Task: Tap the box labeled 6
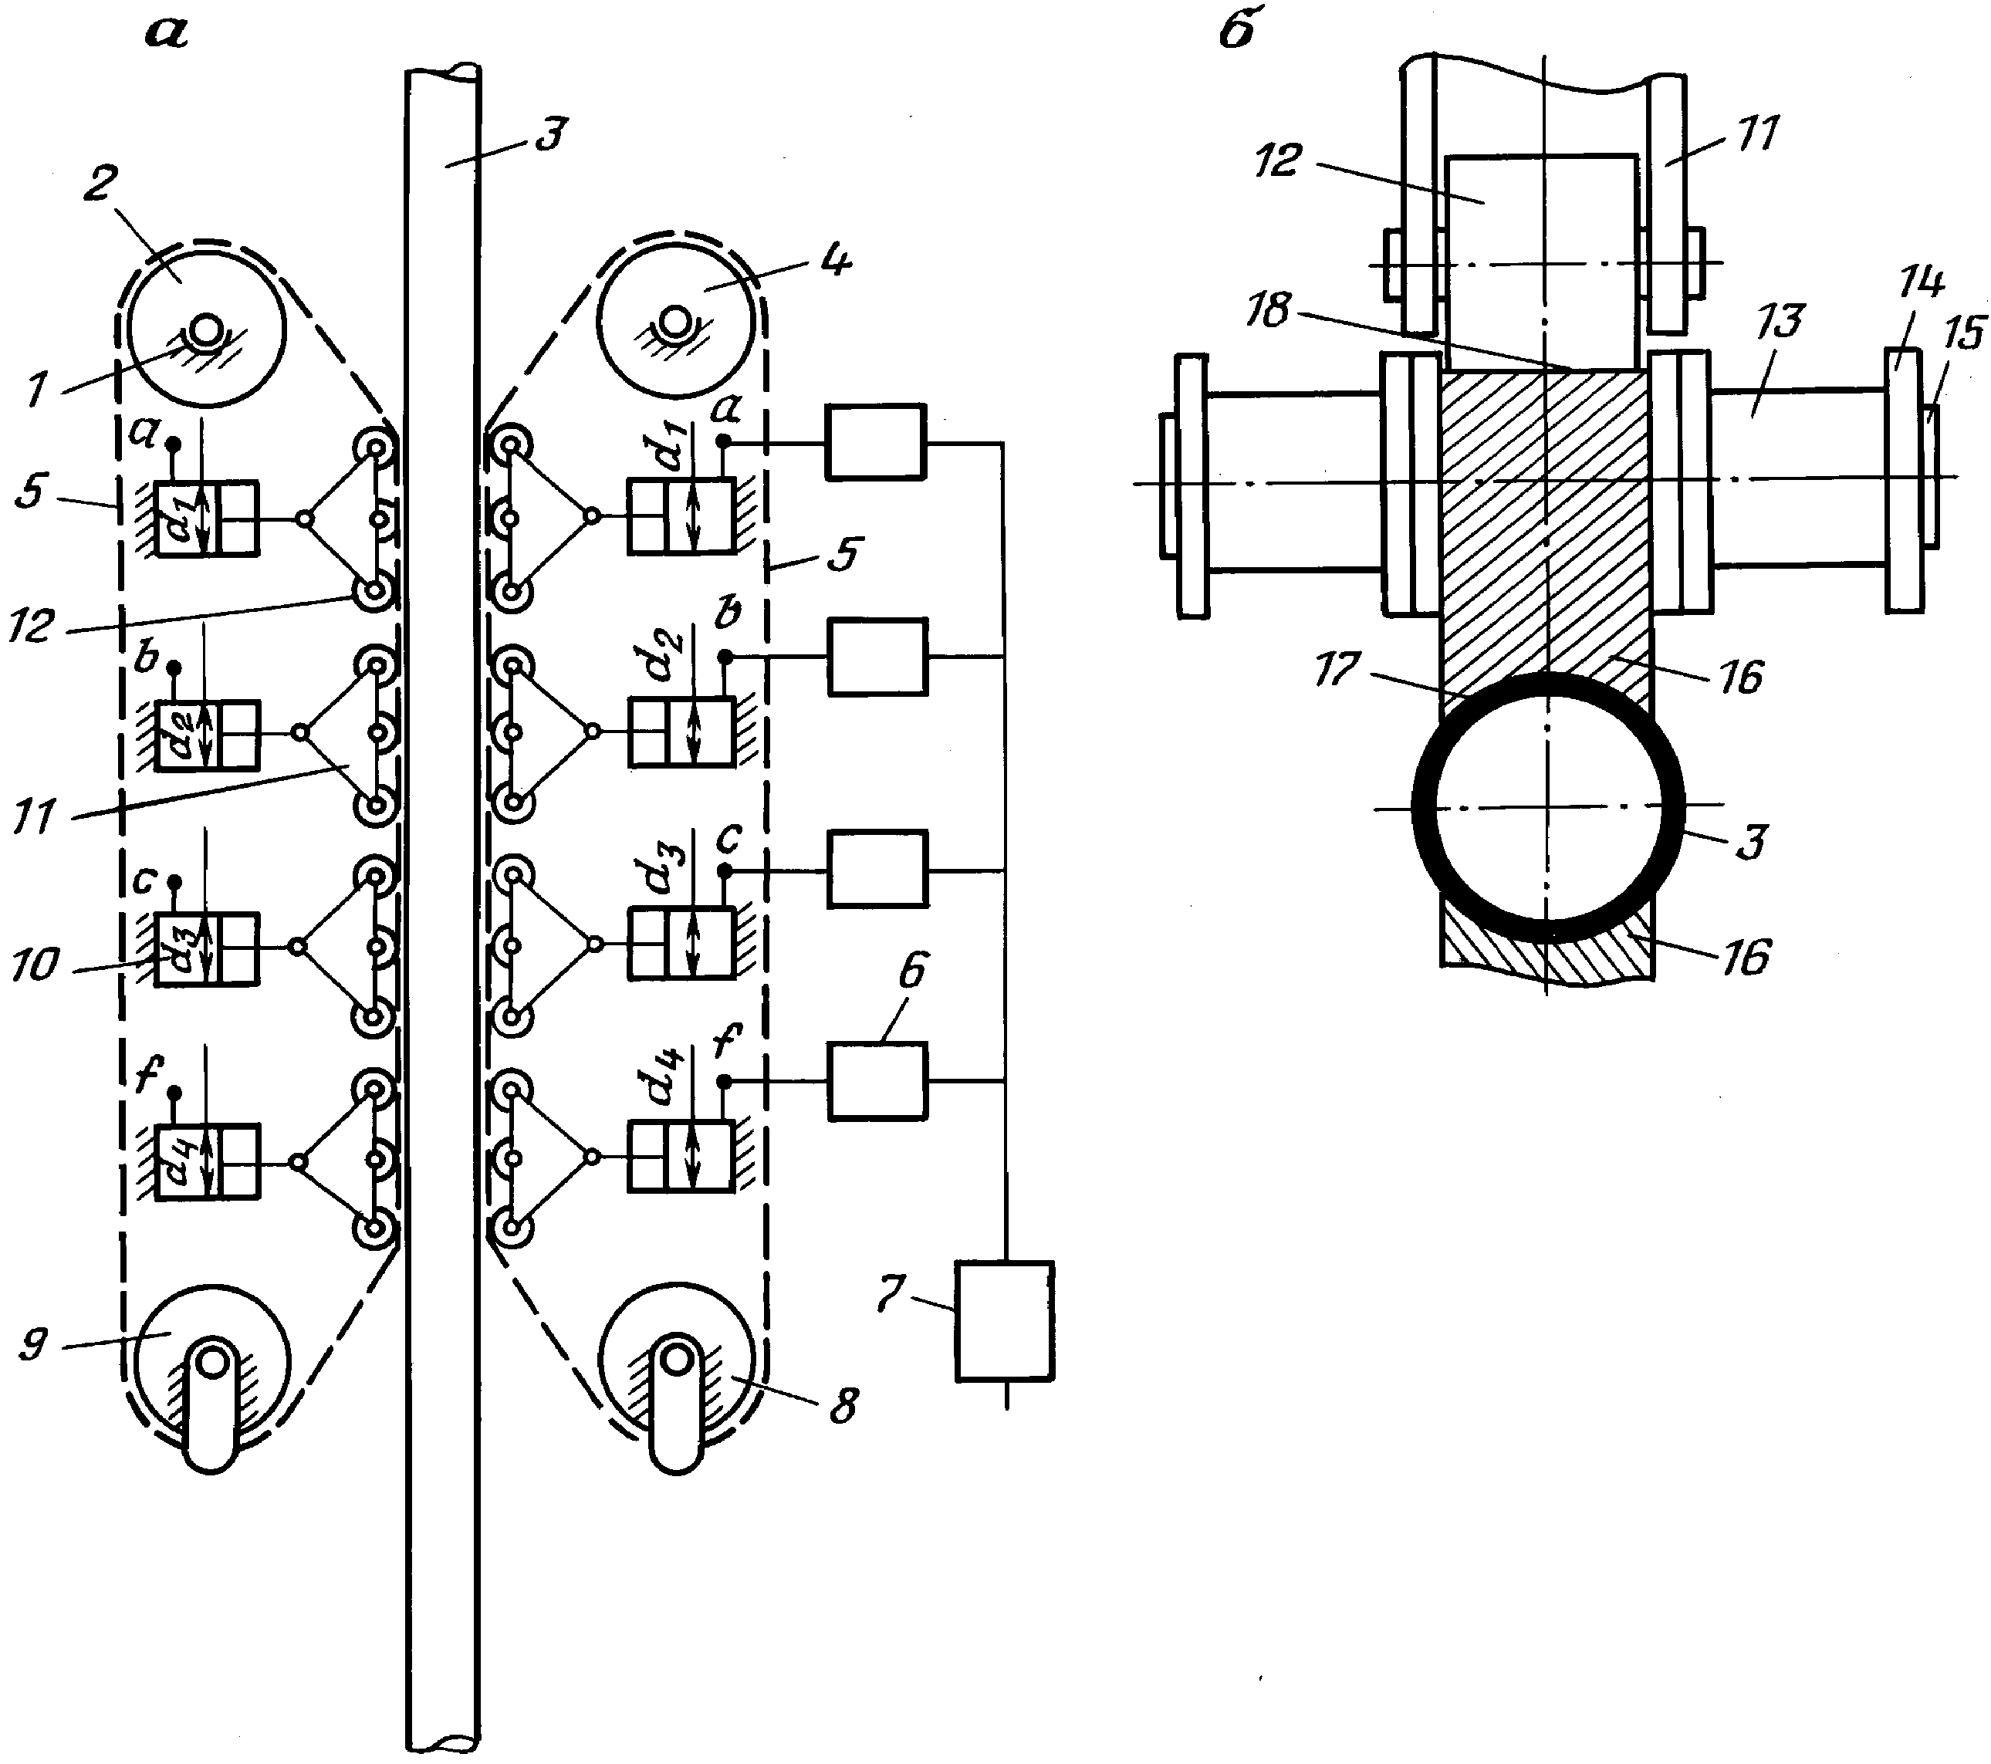pos(877,1081)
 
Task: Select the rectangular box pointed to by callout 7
pos(1004,1322)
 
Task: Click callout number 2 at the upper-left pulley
pos(100,183)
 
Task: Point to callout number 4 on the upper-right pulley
pos(836,261)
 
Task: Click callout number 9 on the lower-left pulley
pos(33,1346)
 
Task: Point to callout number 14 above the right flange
pos(1921,282)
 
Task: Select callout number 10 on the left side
pos(36,965)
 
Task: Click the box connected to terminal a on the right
pos(876,442)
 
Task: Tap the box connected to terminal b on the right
pos(877,657)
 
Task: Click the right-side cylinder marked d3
pos(681,943)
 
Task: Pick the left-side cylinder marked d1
pos(208,519)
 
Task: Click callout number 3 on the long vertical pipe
pos(551,134)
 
